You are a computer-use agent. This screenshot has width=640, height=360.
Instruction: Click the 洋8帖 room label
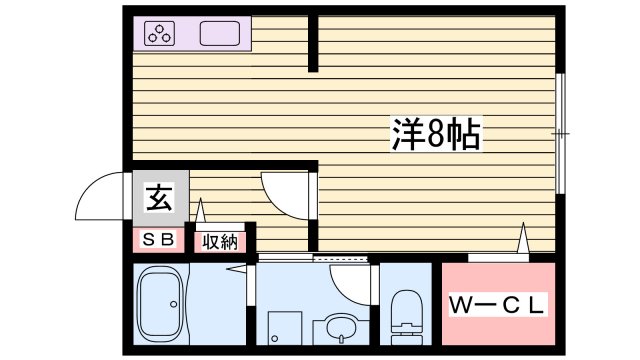click(435, 133)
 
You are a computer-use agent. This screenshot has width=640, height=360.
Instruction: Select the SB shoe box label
click(158, 240)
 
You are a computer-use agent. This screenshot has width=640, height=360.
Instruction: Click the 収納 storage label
click(219, 240)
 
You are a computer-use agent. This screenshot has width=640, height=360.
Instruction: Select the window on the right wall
click(560, 133)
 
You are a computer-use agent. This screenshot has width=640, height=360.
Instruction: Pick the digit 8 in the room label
click(436, 133)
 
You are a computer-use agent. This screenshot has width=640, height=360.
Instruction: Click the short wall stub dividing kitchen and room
click(314, 45)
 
